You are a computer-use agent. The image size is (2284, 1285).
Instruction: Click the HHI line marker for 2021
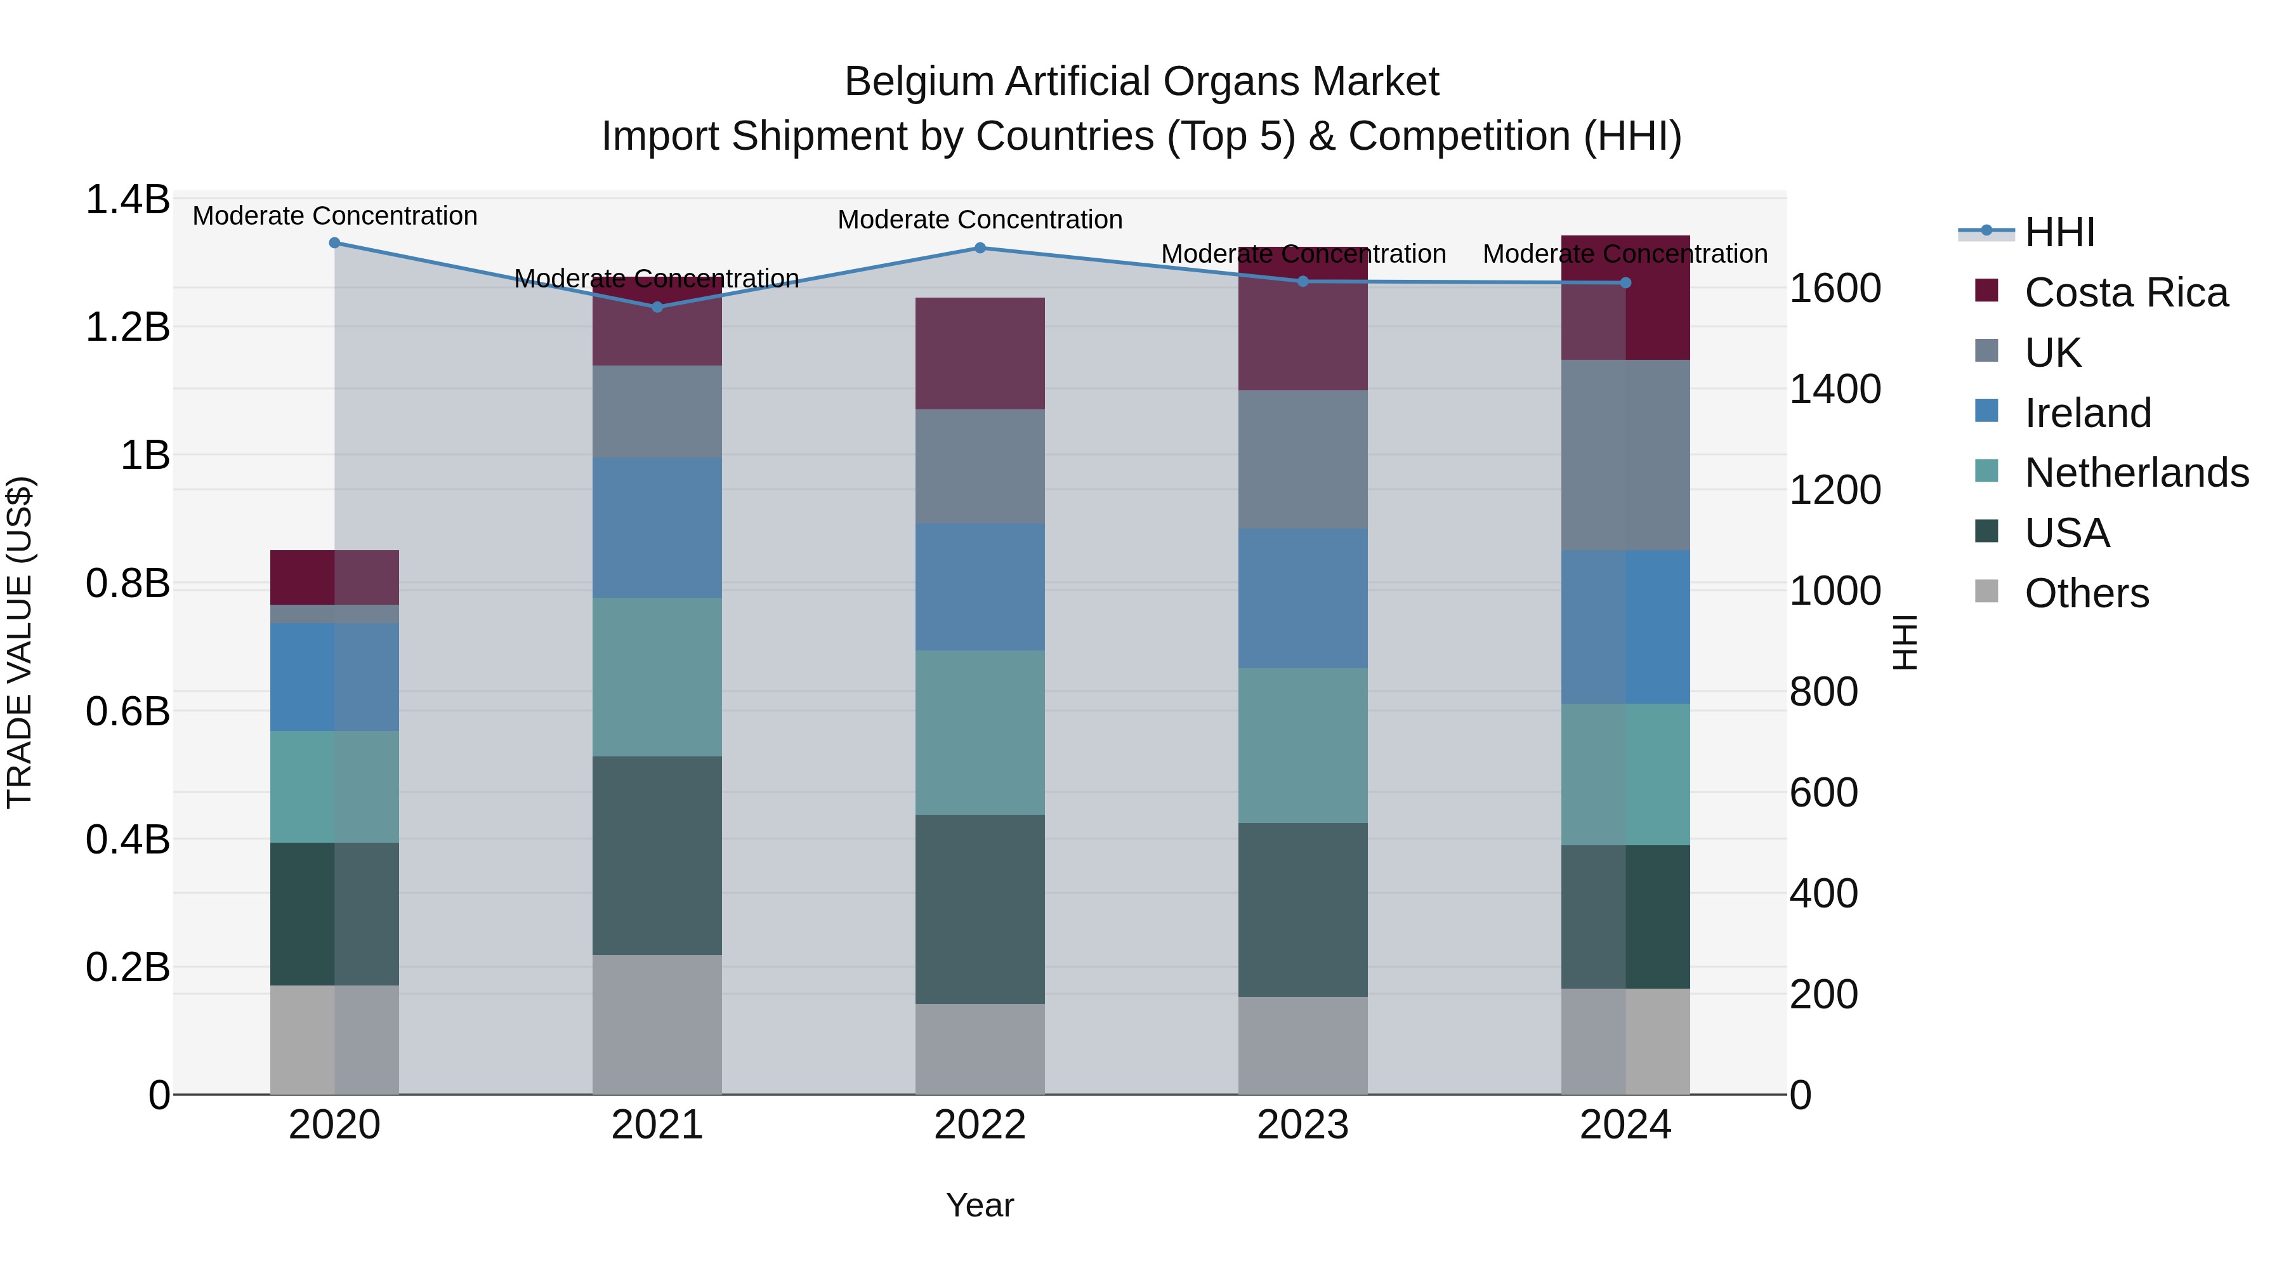[x=657, y=307]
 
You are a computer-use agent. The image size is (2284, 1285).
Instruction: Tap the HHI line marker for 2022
[x=980, y=248]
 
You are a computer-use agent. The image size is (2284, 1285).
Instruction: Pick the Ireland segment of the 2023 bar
[x=1303, y=598]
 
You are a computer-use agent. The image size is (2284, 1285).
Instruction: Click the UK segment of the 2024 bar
[x=1625, y=455]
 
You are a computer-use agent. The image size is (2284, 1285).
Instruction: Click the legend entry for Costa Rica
[x=2125, y=293]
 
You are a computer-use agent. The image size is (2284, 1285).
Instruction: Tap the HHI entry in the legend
[x=2059, y=232]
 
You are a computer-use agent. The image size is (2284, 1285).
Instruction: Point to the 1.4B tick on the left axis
[x=128, y=199]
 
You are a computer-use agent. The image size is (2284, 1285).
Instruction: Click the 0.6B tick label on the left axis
[x=128, y=711]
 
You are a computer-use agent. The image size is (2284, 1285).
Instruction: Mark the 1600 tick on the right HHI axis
[x=1834, y=288]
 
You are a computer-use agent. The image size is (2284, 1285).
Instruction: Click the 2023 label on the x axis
[x=1303, y=1125]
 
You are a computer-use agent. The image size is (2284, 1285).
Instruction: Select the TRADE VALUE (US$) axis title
[x=20, y=643]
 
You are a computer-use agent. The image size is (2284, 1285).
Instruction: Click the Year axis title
[x=980, y=1205]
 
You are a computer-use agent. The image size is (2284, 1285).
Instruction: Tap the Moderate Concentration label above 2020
[x=335, y=216]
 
